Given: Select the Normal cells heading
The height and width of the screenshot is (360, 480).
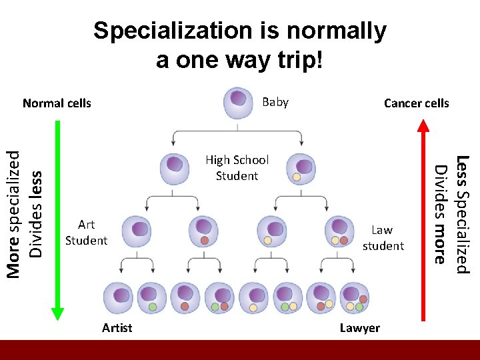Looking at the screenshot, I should point(57,103).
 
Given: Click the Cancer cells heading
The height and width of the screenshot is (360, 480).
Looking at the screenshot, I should point(417,103).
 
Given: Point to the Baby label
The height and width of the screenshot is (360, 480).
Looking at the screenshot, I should point(275,102).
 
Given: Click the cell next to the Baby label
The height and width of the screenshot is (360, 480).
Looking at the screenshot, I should point(237,103).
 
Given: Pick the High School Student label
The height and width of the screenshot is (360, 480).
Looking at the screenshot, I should point(237,168).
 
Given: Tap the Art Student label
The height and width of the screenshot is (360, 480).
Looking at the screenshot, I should point(86,233).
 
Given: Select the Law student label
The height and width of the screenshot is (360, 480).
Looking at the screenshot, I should point(383,238).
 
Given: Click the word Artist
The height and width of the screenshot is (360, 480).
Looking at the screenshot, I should point(117,327).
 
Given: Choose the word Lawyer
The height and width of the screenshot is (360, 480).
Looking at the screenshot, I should point(359,327).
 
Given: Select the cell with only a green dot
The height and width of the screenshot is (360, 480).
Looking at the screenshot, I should point(151,298).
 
